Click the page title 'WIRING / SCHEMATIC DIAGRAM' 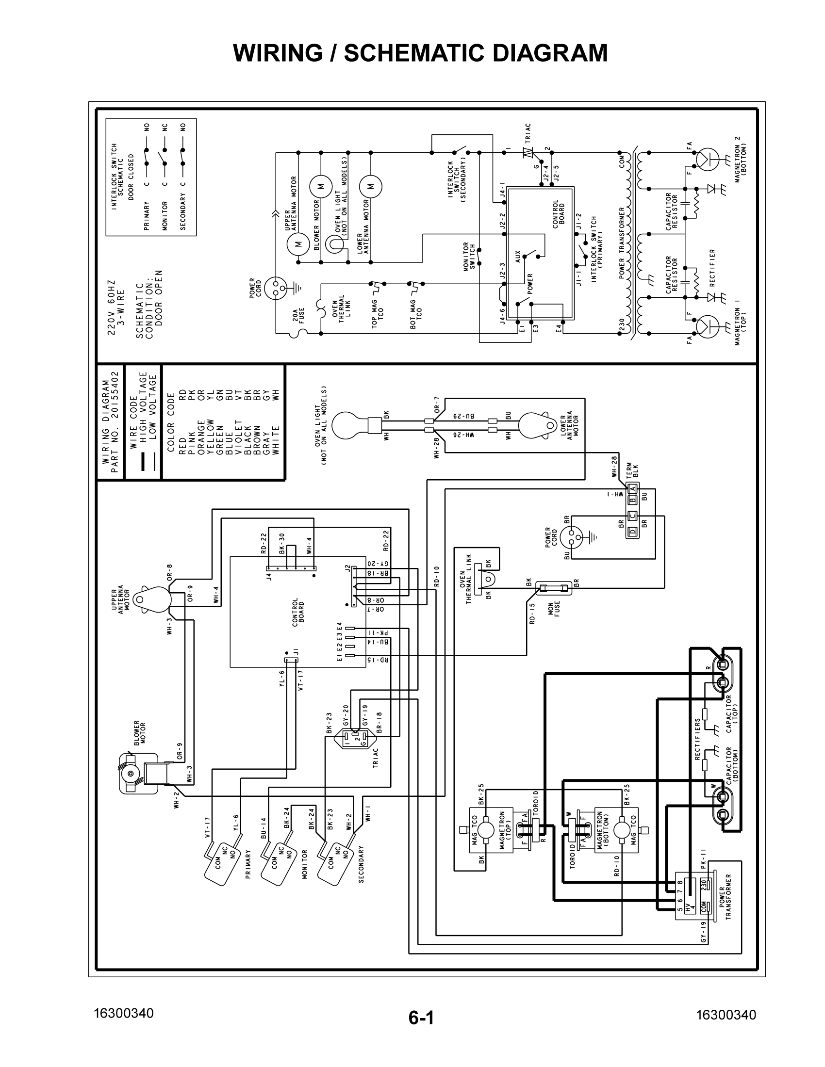(x=420, y=53)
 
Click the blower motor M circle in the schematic (x=321, y=186)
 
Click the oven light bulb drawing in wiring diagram (x=348, y=424)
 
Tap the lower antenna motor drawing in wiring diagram (x=536, y=424)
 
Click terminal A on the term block (x=632, y=488)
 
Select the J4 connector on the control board (x=291, y=568)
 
